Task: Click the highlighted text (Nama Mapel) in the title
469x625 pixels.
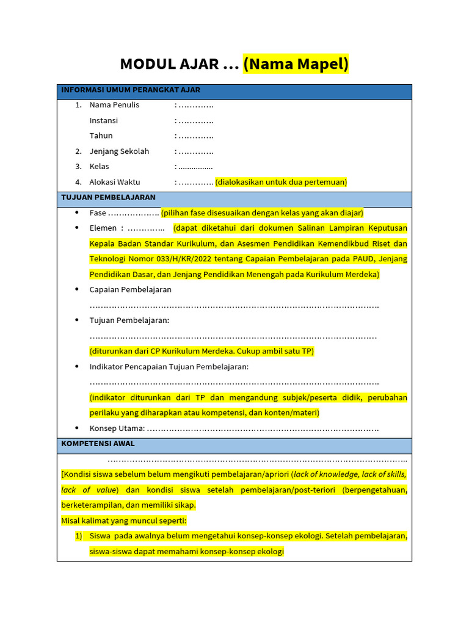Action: tap(296, 63)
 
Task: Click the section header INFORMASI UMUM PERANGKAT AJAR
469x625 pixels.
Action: tap(131, 90)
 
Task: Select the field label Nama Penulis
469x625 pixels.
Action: tap(114, 105)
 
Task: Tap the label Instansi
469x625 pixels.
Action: tap(104, 121)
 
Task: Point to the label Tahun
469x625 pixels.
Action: tap(101, 135)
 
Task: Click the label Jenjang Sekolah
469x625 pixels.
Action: tap(119, 151)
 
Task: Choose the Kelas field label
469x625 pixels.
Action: tap(100, 167)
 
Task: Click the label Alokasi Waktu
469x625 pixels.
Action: tap(115, 182)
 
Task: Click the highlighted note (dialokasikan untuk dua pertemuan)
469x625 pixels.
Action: tap(281, 182)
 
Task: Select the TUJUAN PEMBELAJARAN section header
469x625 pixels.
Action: tap(108, 198)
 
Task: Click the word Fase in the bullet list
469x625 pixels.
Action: tap(98, 213)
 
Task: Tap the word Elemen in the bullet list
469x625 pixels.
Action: tap(104, 228)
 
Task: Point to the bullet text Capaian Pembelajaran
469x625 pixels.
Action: tap(131, 289)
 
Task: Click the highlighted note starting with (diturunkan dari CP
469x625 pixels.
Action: tap(202, 352)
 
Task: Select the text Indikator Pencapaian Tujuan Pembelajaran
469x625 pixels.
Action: tap(169, 367)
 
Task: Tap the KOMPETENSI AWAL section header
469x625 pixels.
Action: tap(98, 444)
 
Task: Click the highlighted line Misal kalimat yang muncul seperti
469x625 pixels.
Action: tap(124, 521)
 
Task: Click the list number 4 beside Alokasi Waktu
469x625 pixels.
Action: tap(78, 182)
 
